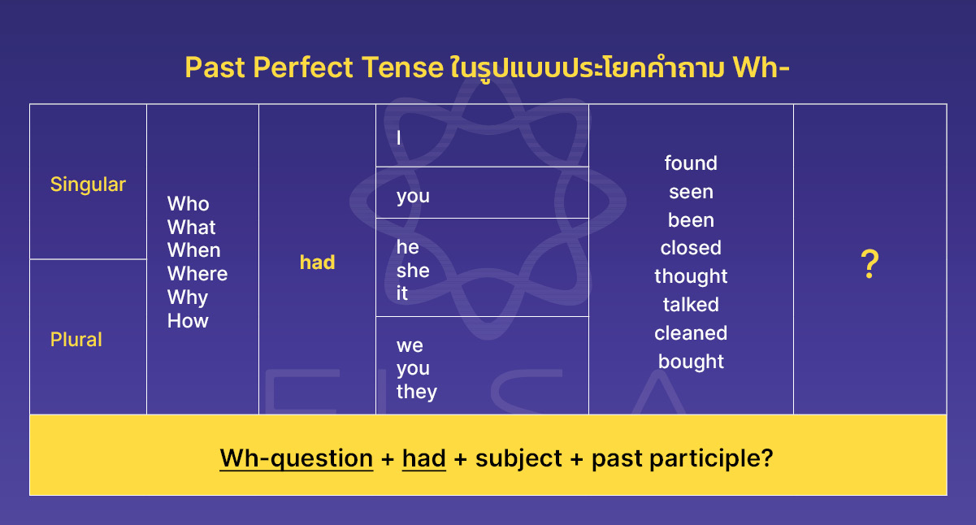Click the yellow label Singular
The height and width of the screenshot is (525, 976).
[x=88, y=184]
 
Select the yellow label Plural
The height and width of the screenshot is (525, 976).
[x=76, y=340]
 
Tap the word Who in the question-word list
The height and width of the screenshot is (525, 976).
[x=188, y=204]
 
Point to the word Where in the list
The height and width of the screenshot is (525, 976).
[x=197, y=274]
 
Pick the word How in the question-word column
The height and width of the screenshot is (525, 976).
[x=188, y=321]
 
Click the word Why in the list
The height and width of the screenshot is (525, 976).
[x=188, y=297]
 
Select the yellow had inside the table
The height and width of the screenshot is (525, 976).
[x=317, y=262]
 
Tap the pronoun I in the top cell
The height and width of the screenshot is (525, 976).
[x=399, y=138]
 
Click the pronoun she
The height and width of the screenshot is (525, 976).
[x=413, y=271]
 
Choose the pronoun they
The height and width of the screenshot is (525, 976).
[x=417, y=392]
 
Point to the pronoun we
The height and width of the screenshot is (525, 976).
[x=410, y=345]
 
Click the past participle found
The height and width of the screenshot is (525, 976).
[x=691, y=163]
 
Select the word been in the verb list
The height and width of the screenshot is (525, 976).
[x=691, y=220]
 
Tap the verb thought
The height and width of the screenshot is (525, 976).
[x=691, y=276]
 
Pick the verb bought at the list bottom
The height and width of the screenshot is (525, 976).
[x=691, y=362]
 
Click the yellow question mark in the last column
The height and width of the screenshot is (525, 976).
[x=870, y=266]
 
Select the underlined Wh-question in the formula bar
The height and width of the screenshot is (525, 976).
[x=296, y=458]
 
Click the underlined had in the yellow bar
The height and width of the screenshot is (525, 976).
[x=423, y=458]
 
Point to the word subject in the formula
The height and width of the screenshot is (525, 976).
[x=518, y=458]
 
